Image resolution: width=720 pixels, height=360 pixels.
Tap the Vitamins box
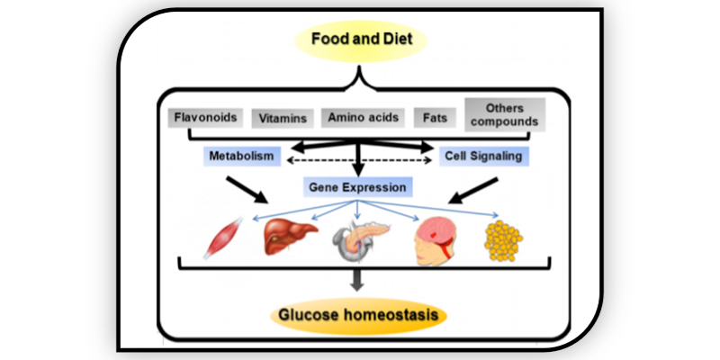coord(283,118)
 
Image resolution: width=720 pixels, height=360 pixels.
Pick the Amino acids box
coord(361,117)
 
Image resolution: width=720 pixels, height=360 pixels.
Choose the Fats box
coord(431,117)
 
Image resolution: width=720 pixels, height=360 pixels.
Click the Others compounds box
coord(504,112)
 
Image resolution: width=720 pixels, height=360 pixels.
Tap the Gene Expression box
coord(359,187)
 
